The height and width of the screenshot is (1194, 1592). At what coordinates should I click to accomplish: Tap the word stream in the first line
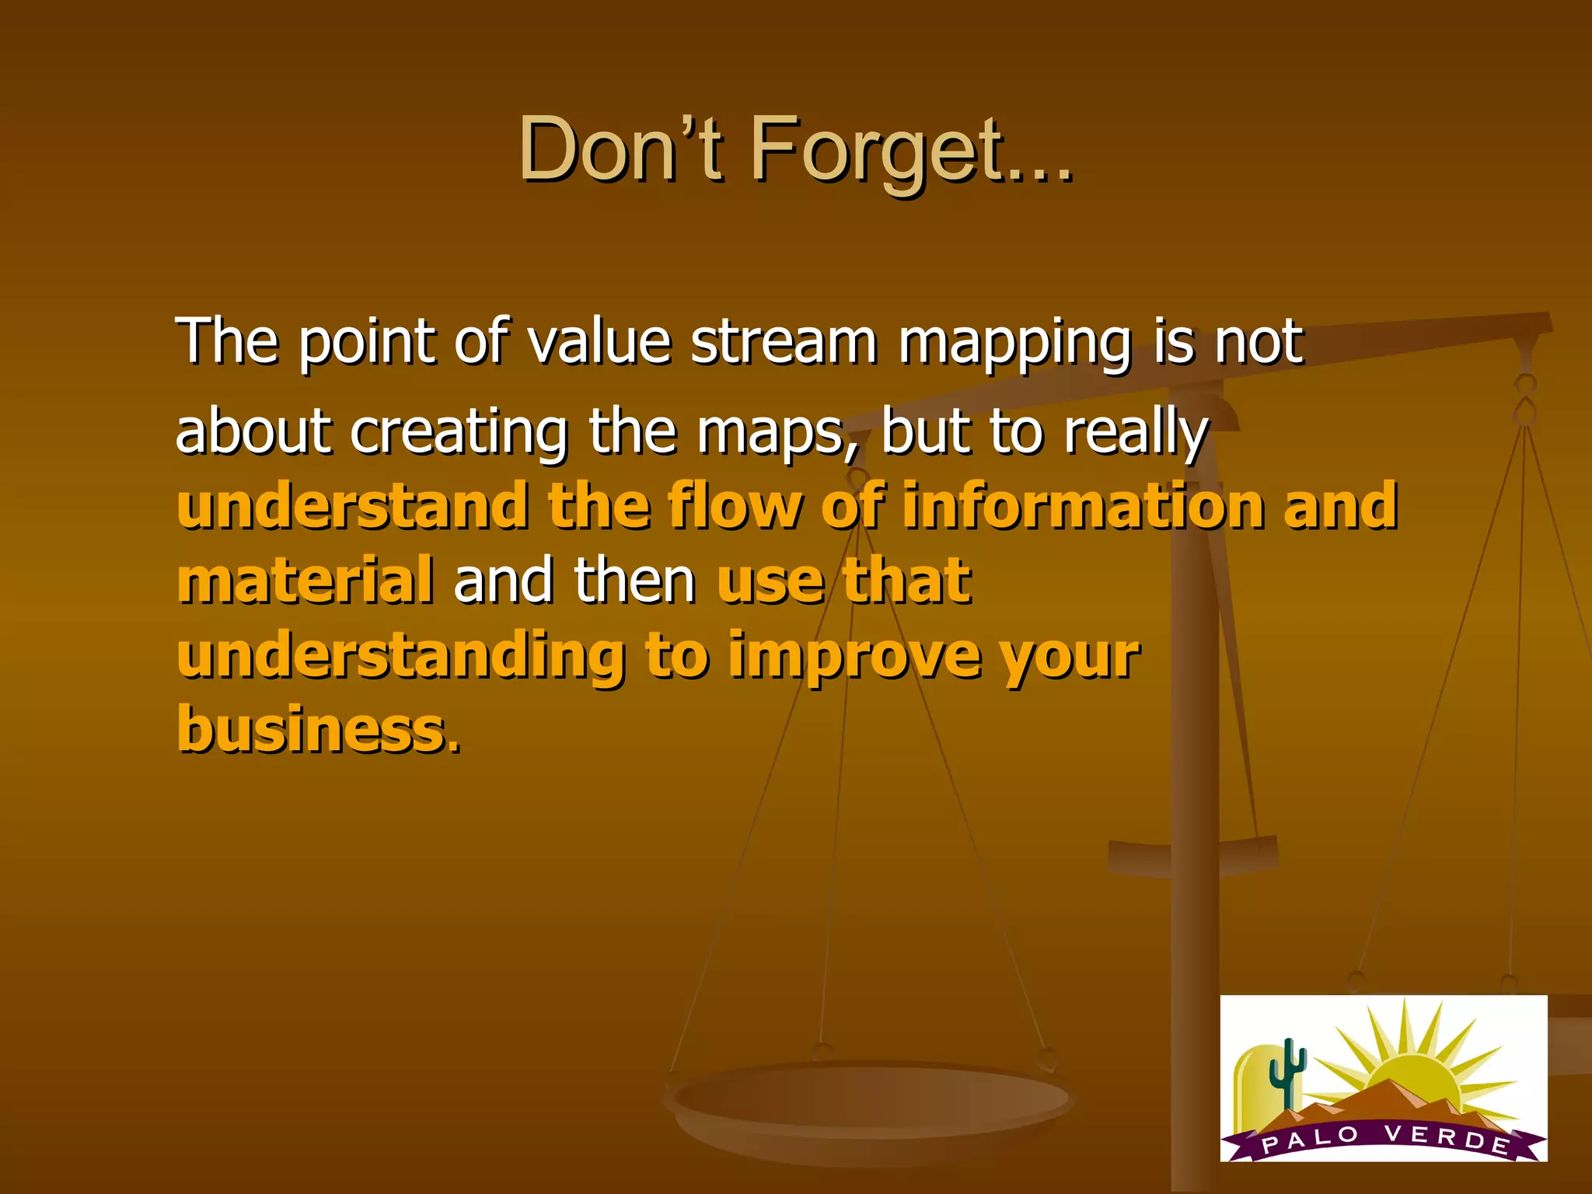coord(784,342)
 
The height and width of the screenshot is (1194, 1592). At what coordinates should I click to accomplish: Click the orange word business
coord(311,729)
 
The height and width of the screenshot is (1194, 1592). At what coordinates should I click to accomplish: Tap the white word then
coord(634,580)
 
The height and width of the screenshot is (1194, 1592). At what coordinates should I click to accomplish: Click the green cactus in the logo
coord(1287,1073)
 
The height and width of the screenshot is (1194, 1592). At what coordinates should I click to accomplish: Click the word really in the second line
coord(1136,433)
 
